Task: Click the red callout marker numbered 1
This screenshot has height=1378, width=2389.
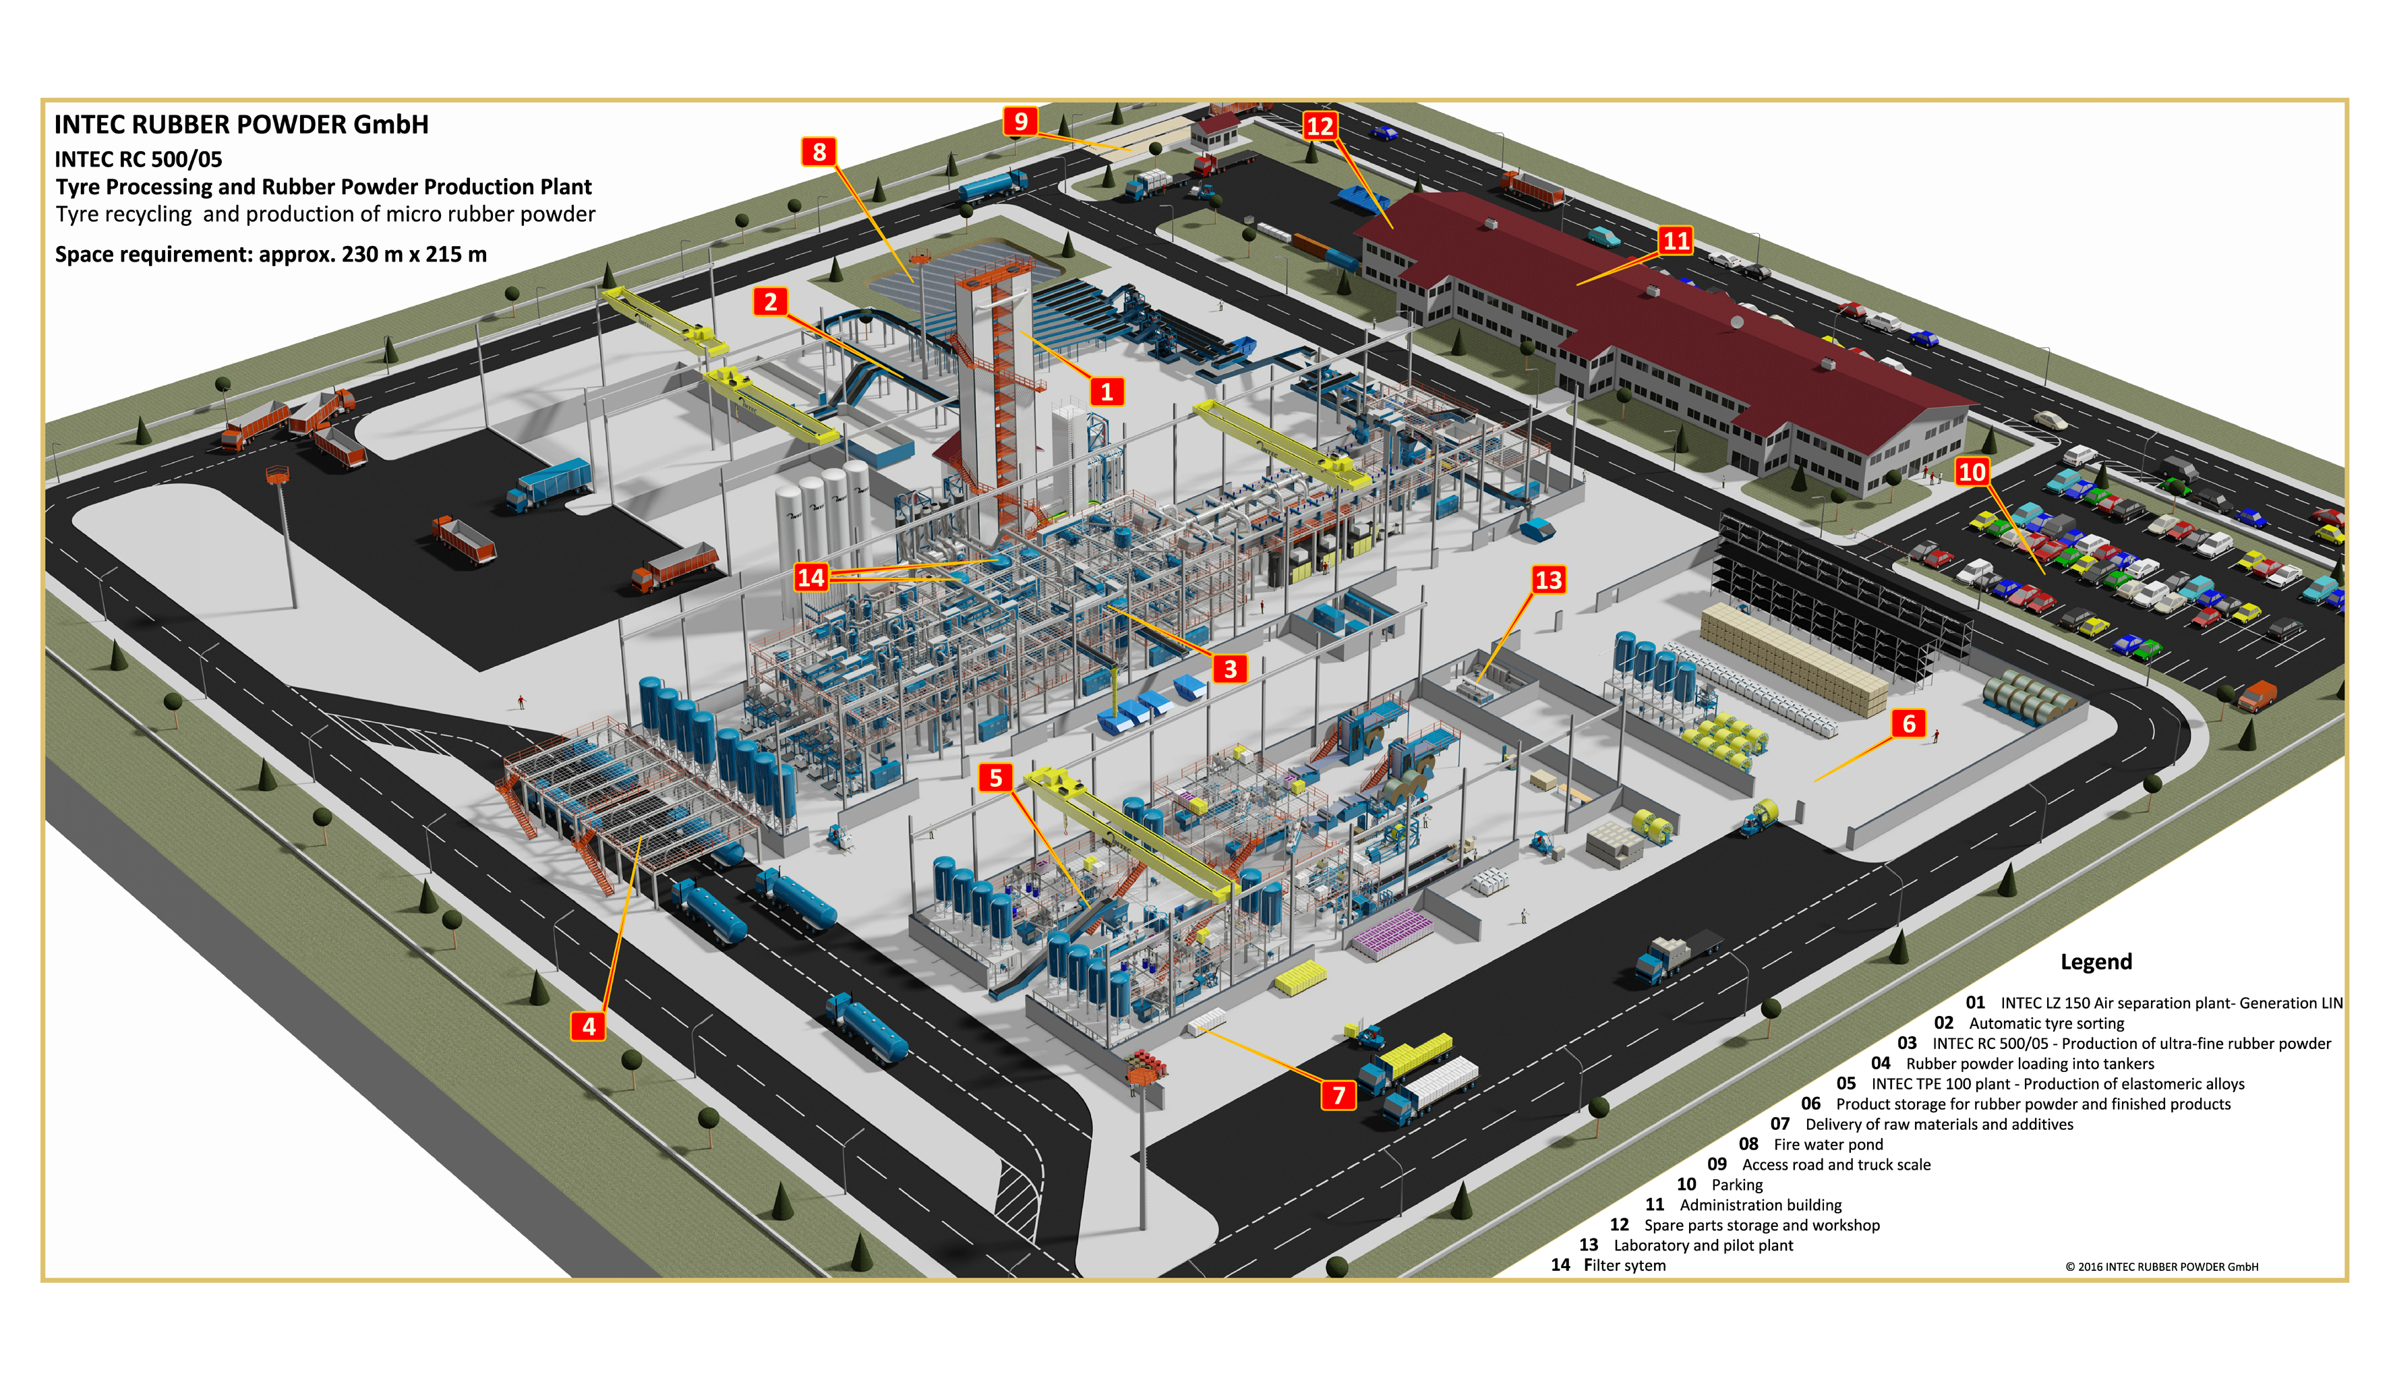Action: click(x=1106, y=391)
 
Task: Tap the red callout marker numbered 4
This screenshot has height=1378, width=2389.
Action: click(x=589, y=1026)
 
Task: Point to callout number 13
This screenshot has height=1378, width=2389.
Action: click(x=1548, y=579)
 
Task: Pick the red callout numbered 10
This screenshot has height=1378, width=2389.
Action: click(x=1972, y=471)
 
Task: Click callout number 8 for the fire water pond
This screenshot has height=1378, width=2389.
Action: click(x=819, y=152)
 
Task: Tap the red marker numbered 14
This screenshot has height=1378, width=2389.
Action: click(x=811, y=577)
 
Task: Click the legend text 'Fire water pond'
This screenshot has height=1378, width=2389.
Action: click(x=1828, y=1144)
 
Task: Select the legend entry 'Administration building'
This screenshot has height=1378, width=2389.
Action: click(x=1760, y=1205)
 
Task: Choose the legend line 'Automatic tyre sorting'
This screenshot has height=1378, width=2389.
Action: click(x=2046, y=1023)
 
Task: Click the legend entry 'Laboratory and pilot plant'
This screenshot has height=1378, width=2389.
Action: click(x=1703, y=1245)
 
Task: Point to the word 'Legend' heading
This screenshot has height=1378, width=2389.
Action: click(x=2096, y=961)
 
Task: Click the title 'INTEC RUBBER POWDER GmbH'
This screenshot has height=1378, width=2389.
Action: click(x=241, y=124)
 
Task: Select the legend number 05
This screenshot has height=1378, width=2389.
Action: click(x=1846, y=1083)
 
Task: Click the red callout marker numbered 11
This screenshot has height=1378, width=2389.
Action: click(x=1676, y=241)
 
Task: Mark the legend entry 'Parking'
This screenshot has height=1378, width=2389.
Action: click(x=1737, y=1185)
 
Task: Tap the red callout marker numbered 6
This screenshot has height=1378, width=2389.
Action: click(x=1909, y=723)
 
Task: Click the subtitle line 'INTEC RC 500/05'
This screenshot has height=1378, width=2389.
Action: click(x=138, y=159)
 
